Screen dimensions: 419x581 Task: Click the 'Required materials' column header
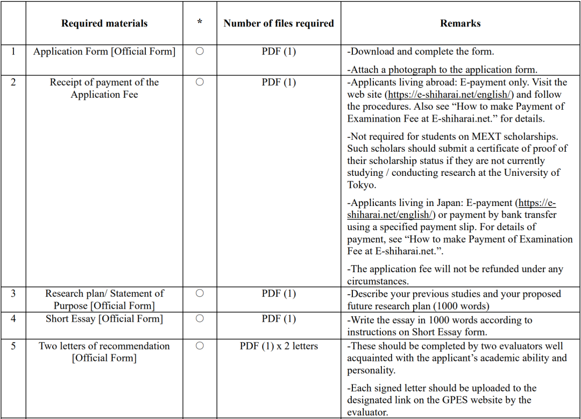[104, 23]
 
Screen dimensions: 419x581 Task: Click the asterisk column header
[200, 23]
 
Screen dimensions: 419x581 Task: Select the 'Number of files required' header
[279, 23]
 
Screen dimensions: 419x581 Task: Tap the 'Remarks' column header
[460, 23]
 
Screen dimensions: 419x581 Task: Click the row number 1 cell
[13, 52]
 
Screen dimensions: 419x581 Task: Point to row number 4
[13, 319]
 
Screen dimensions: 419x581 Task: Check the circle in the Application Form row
[200, 52]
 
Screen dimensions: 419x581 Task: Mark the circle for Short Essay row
[200, 319]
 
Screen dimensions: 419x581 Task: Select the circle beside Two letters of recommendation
[200, 346]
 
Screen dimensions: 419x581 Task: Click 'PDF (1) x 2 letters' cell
[279, 346]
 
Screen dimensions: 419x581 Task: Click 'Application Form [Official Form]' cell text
[104, 52]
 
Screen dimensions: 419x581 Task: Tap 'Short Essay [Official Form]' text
[104, 319]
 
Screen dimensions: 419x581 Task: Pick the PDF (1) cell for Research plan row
[279, 294]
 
